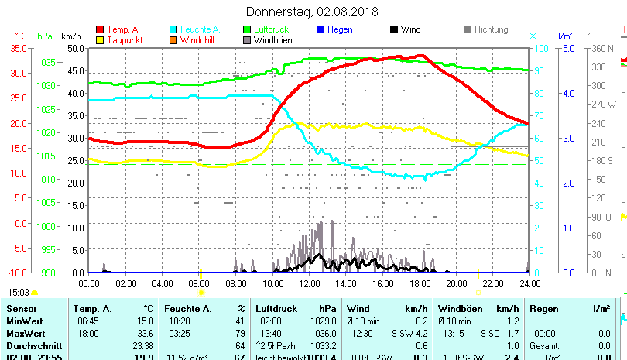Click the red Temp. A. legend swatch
[100, 29]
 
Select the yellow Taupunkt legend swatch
[100, 39]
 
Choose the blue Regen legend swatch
[320, 29]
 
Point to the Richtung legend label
[491, 29]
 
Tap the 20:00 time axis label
[456, 283]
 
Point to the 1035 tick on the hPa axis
[46, 62]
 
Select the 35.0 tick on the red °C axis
[19, 48]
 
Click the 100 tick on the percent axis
[539, 48]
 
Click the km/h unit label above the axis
[70, 36]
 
